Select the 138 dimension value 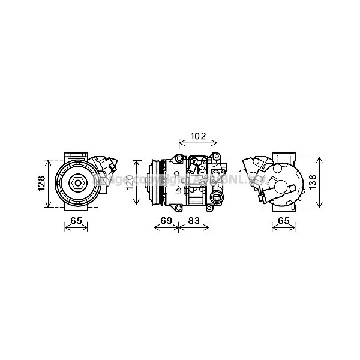click(329, 183)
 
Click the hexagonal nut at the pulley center click(77, 182)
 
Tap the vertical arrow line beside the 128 click(47, 184)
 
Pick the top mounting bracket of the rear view click(283, 155)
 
